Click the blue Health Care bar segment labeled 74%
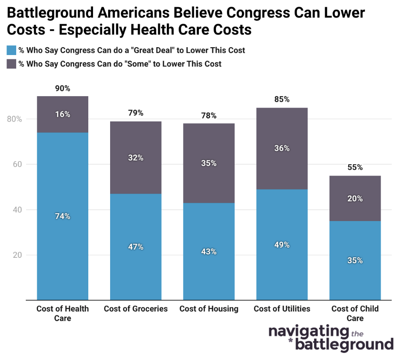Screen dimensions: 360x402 tap(62, 216)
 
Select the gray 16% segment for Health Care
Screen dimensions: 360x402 tap(62, 114)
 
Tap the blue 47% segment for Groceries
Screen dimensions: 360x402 tap(135, 247)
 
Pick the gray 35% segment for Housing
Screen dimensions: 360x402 tap(209, 163)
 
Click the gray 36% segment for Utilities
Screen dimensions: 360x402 tap(282, 148)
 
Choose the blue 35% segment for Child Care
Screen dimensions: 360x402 tap(355, 260)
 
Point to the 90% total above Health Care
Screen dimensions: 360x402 tap(62, 88)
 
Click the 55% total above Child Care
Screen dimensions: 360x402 tap(355, 167)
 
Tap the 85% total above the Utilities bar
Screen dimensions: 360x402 tap(282, 99)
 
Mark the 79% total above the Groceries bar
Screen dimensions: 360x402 tap(135, 113)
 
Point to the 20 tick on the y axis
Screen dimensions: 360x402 tap(17, 255)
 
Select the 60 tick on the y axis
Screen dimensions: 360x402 tap(17, 165)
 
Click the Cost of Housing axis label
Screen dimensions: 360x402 tap(209, 309)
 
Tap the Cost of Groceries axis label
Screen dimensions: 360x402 tap(135, 309)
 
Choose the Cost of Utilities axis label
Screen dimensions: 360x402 tap(282, 309)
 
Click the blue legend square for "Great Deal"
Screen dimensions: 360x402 tap(11, 50)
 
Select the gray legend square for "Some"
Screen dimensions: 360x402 tap(11, 64)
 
